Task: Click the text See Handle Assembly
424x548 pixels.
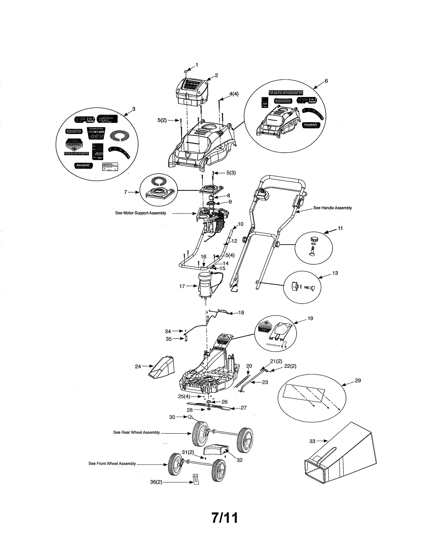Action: [x=332, y=208]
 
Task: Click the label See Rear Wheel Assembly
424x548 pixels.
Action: [x=136, y=432]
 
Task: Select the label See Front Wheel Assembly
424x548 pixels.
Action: [x=112, y=463]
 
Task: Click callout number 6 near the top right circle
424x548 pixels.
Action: [x=326, y=81]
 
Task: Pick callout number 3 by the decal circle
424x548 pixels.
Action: [x=134, y=109]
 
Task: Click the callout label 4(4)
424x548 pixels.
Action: [x=234, y=94]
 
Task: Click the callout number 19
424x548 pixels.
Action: [x=310, y=318]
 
